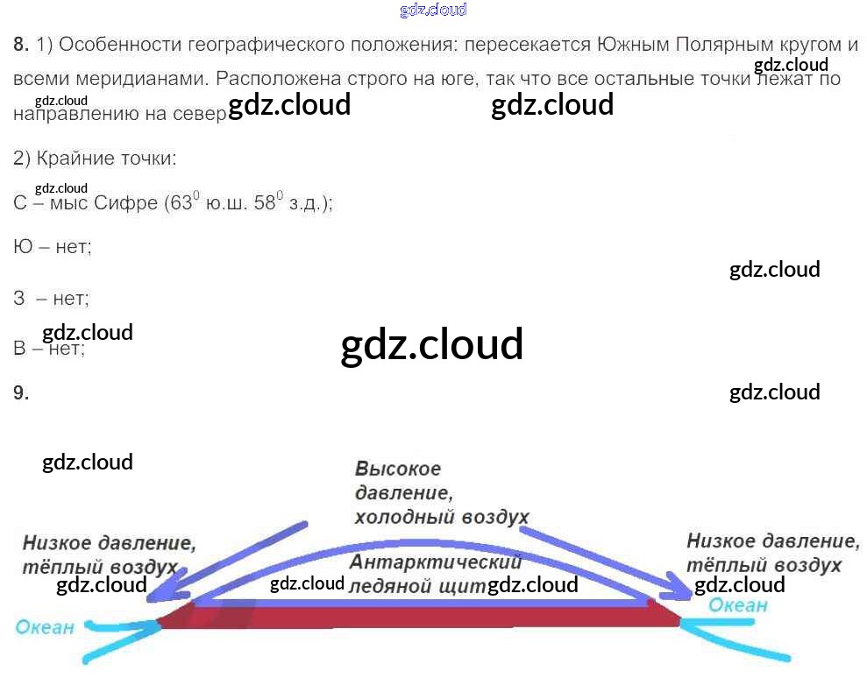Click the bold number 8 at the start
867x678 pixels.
[x=21, y=44]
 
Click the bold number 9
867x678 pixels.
[x=21, y=393]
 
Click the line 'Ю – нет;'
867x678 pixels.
[x=53, y=247]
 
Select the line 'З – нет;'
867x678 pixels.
[x=52, y=298]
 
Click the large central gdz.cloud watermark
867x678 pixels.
[x=431, y=344]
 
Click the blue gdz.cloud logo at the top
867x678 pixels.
[x=432, y=11]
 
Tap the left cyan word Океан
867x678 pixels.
[x=44, y=627]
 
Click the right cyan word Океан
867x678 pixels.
[x=737, y=605]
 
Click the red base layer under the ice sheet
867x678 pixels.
[x=421, y=617]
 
